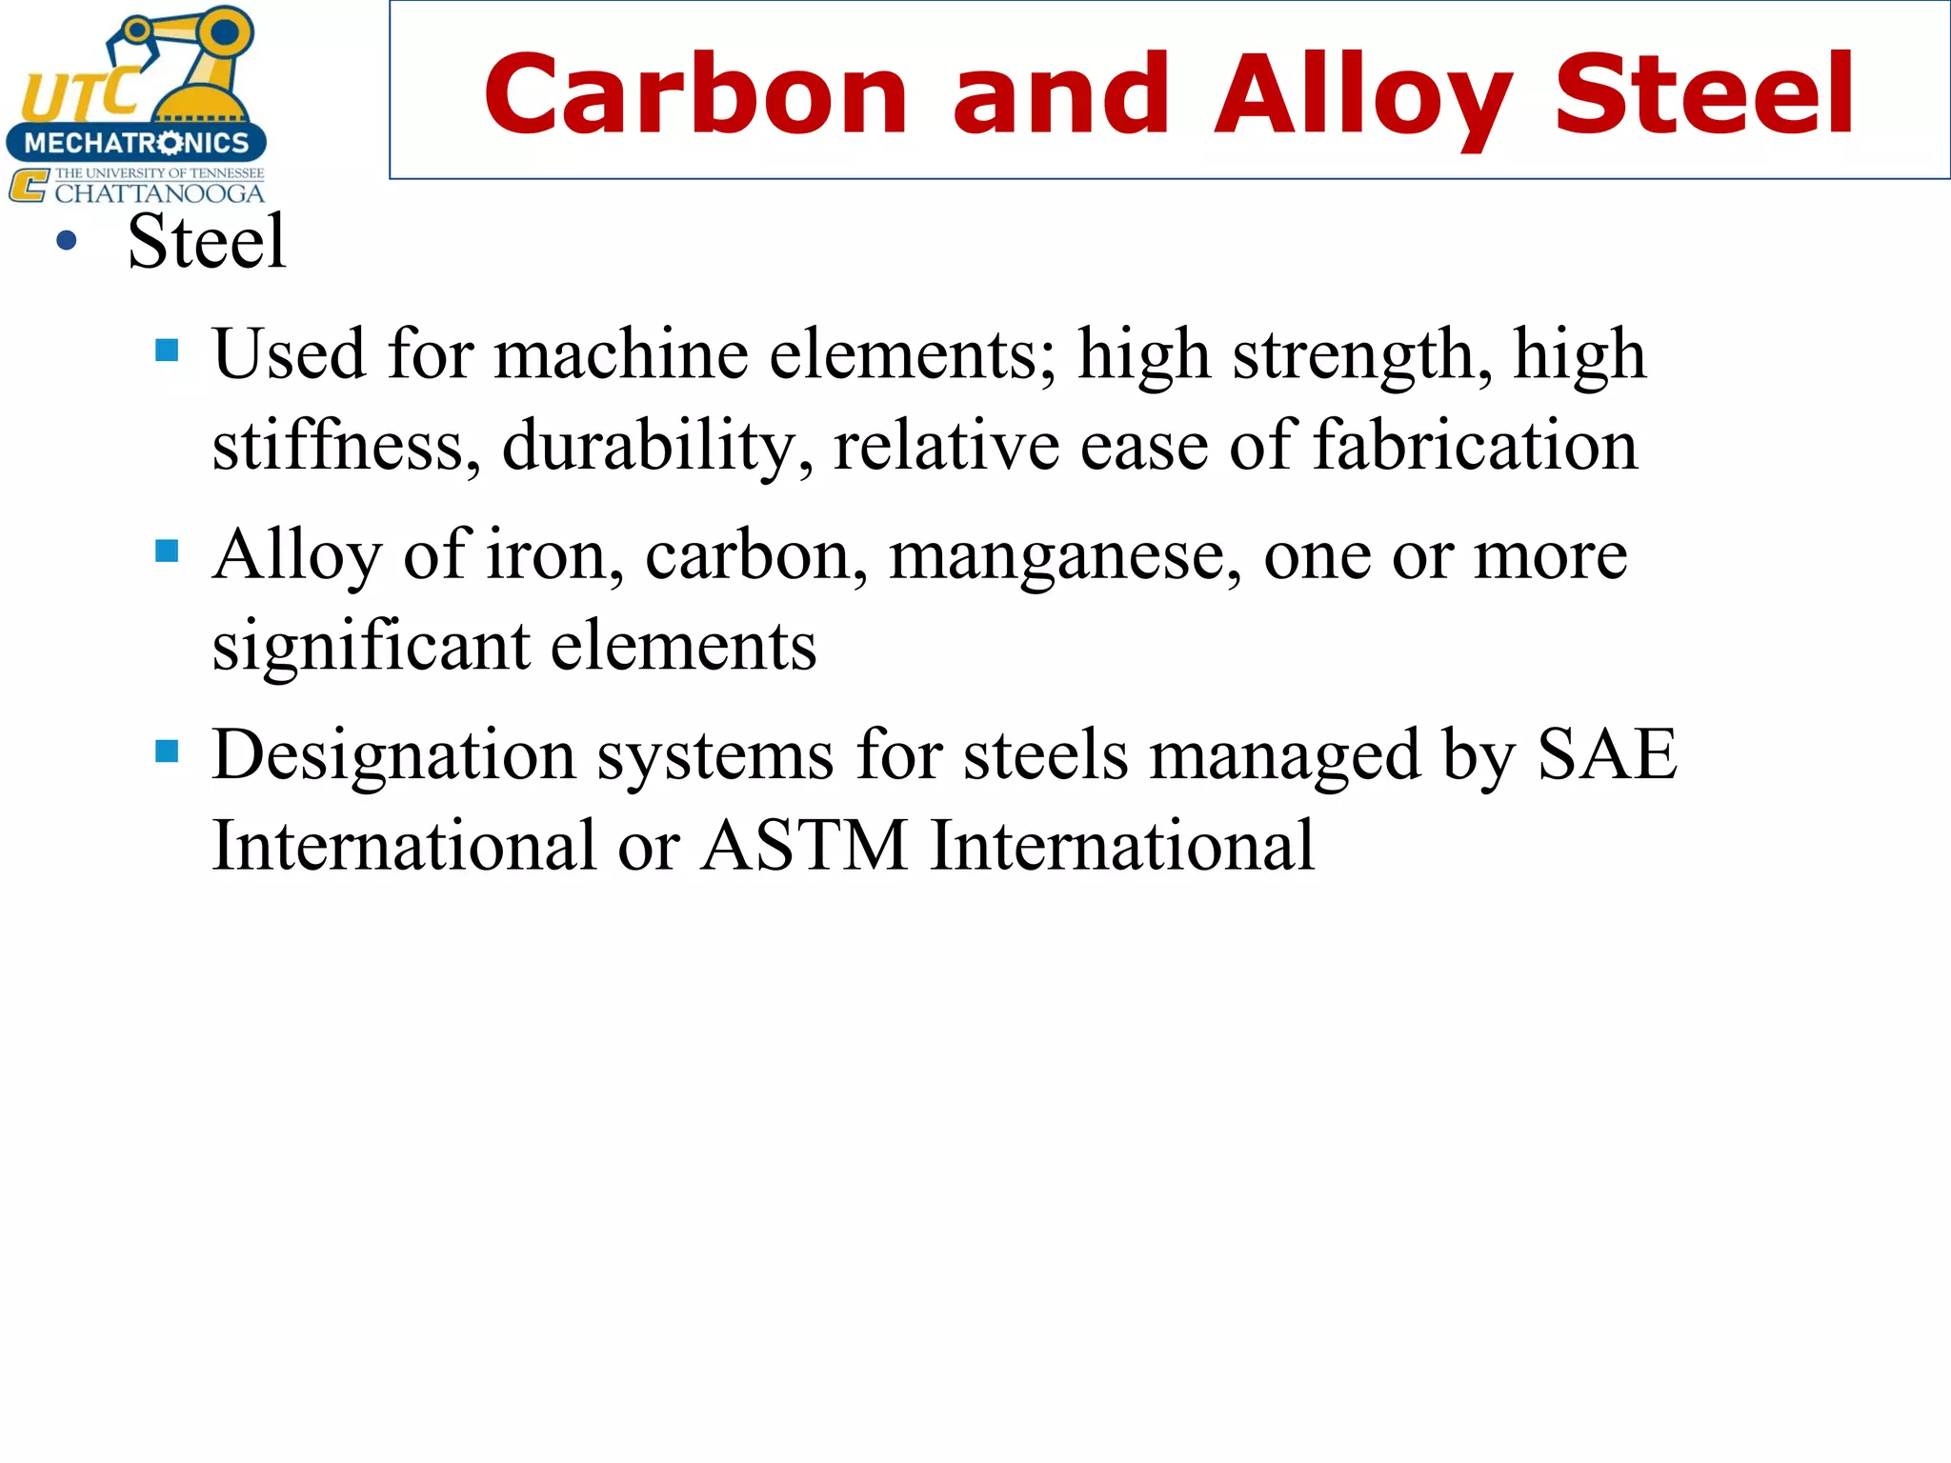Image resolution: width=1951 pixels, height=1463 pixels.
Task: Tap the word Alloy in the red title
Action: click(x=1361, y=95)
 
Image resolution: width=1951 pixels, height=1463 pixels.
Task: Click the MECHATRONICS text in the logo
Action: click(x=136, y=143)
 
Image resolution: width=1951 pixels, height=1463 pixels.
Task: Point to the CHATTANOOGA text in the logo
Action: click(x=159, y=193)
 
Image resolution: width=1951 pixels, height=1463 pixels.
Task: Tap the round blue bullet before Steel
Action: click(x=66, y=241)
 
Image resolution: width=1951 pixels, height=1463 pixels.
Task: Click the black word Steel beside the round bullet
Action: click(x=207, y=241)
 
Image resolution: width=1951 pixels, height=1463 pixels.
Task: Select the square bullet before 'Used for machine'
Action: click(x=167, y=351)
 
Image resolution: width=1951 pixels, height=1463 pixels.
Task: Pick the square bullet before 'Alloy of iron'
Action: click(x=167, y=551)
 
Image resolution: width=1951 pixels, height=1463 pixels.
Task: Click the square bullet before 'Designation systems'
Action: click(x=167, y=752)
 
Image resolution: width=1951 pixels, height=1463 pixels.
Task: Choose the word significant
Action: click(x=371, y=646)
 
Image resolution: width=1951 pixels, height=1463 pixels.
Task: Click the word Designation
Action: click(x=392, y=755)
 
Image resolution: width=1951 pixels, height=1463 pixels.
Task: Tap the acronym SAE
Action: click(x=1607, y=753)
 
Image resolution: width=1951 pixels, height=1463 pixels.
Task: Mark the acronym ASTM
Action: click(x=805, y=845)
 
